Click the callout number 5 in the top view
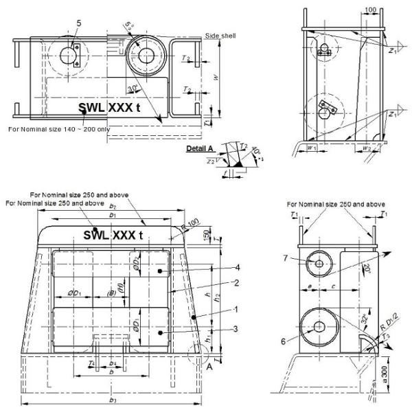point(79,23)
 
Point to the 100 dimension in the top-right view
point(352,11)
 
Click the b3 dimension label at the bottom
point(112,398)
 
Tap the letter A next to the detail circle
point(206,367)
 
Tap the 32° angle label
point(365,320)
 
